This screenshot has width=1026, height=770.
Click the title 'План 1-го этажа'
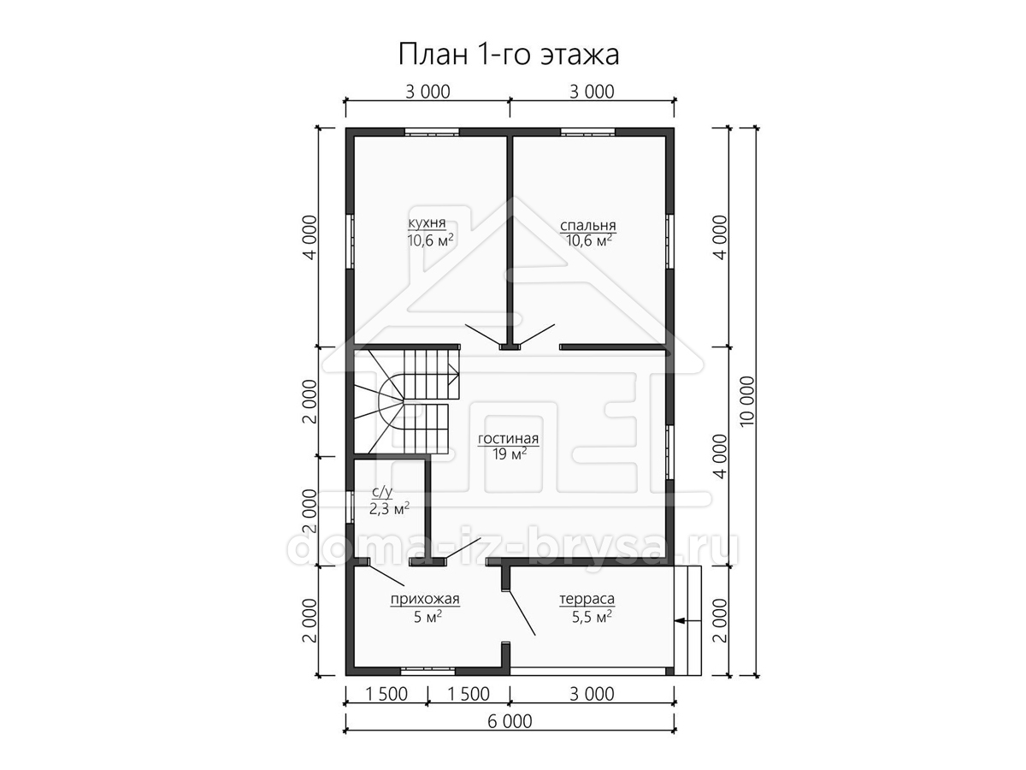tap(509, 54)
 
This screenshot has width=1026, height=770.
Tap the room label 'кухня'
tap(427, 222)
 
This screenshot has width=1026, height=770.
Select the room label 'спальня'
tap(588, 225)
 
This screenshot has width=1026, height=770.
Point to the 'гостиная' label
tap(508, 439)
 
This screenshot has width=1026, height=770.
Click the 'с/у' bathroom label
tap(382, 491)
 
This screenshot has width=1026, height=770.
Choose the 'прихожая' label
tap(425, 599)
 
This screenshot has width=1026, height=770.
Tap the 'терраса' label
tap(587, 599)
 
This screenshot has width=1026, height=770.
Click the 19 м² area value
tap(510, 453)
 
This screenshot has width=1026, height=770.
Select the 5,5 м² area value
tap(592, 617)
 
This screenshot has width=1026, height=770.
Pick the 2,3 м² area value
tap(389, 508)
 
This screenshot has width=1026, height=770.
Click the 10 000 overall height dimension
tap(747, 401)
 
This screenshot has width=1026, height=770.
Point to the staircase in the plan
tap(407, 400)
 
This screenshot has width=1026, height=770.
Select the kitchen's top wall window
tap(432, 132)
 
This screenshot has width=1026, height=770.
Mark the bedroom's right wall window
tap(669, 241)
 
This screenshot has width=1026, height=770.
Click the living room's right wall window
tap(669, 452)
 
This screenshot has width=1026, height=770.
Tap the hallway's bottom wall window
tap(427, 672)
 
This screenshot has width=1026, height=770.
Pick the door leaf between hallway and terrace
tap(522, 613)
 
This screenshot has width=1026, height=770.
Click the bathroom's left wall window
tap(350, 506)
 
